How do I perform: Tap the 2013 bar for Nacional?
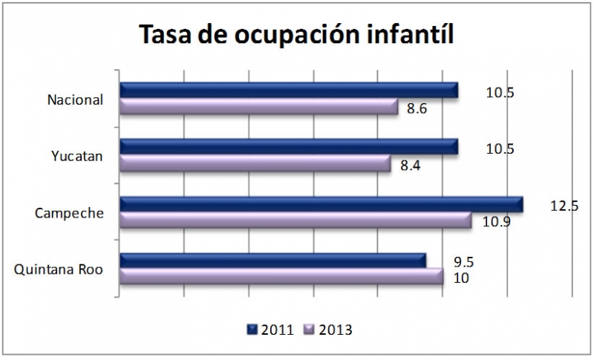click(x=259, y=107)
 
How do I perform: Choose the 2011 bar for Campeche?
click(x=321, y=204)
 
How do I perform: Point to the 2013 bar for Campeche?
click(x=296, y=220)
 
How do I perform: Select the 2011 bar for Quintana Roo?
click(x=272, y=261)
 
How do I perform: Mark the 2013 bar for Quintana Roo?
click(x=281, y=277)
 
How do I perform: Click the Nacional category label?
click(x=74, y=99)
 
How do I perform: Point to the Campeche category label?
click(x=69, y=213)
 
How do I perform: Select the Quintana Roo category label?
click(x=59, y=269)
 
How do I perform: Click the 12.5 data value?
click(x=564, y=206)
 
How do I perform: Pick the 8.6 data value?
click(x=418, y=109)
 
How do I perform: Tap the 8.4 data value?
click(x=411, y=166)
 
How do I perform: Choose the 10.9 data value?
click(x=495, y=221)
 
